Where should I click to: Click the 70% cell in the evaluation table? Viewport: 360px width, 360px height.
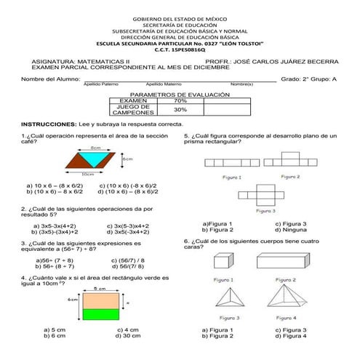point(180,100)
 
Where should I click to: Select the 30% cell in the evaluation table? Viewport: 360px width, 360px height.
point(180,110)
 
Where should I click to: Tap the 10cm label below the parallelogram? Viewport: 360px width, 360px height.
point(87,175)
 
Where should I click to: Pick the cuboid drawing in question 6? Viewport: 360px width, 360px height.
point(223,262)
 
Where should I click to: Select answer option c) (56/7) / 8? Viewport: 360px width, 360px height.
point(127,260)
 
